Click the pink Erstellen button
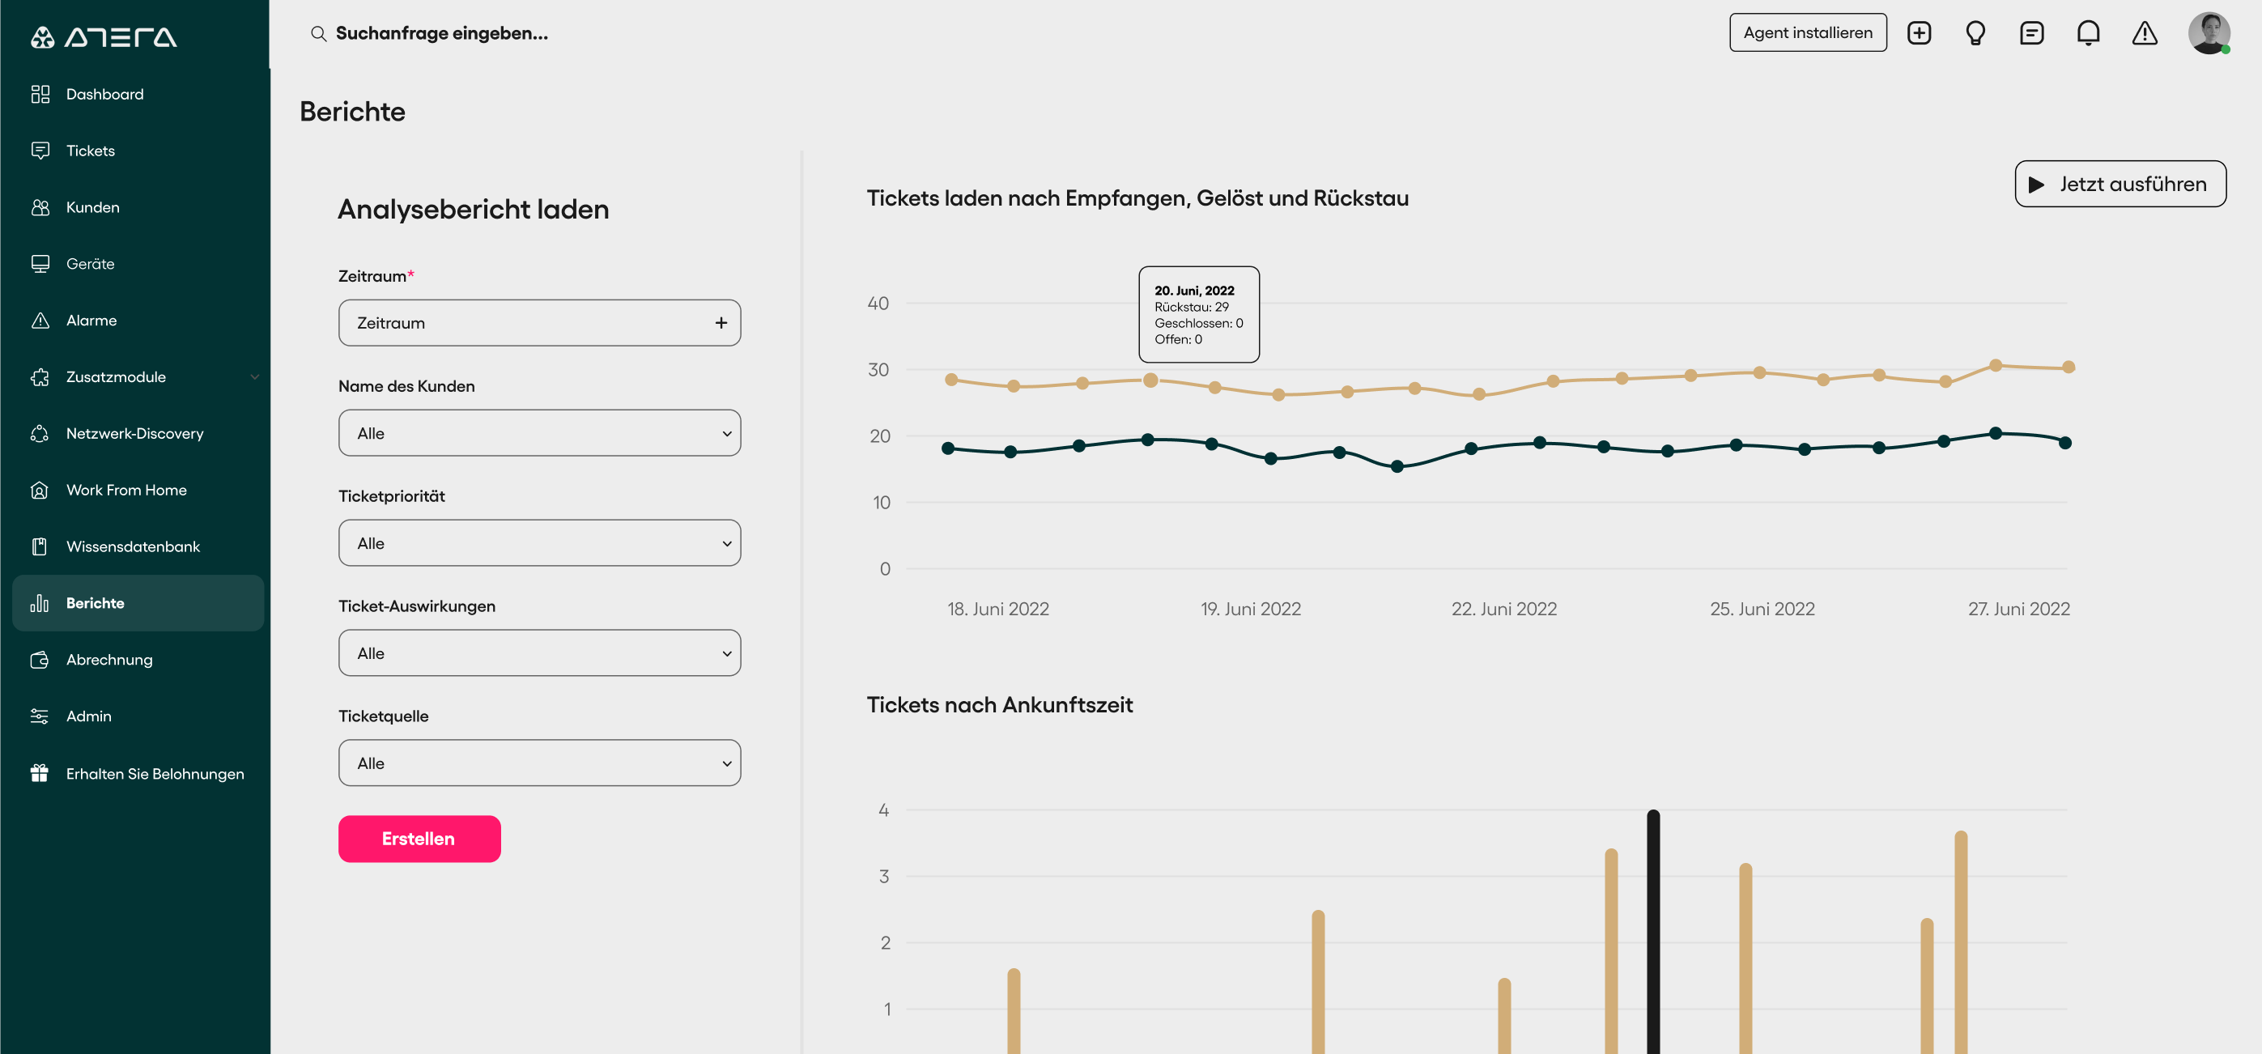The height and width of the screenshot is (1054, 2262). click(419, 839)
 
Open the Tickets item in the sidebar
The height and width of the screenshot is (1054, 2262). click(91, 151)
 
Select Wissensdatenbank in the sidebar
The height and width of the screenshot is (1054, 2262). click(133, 546)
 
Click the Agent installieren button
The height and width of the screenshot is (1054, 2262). click(1808, 32)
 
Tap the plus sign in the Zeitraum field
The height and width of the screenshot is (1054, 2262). click(721, 323)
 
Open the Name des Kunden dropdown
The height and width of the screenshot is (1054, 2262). click(540, 433)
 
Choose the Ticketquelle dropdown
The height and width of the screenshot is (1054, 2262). click(540, 763)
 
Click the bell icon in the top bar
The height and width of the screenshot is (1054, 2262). click(2088, 33)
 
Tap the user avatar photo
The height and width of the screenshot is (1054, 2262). click(2209, 32)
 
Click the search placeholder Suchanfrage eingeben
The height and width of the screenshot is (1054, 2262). click(442, 33)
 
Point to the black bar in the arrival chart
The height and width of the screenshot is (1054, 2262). click(1653, 932)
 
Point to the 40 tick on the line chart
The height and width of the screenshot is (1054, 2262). click(878, 303)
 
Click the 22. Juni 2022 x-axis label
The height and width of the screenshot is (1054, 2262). click(1504, 609)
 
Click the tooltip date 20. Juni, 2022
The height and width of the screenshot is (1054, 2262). click(1194, 291)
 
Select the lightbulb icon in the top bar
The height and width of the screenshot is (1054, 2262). click(1975, 33)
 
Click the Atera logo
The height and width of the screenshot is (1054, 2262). click(104, 37)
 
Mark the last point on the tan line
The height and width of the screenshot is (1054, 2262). click(2069, 368)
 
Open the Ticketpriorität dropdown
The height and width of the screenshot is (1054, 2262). click(540, 543)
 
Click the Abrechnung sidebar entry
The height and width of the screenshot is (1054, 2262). click(108, 660)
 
